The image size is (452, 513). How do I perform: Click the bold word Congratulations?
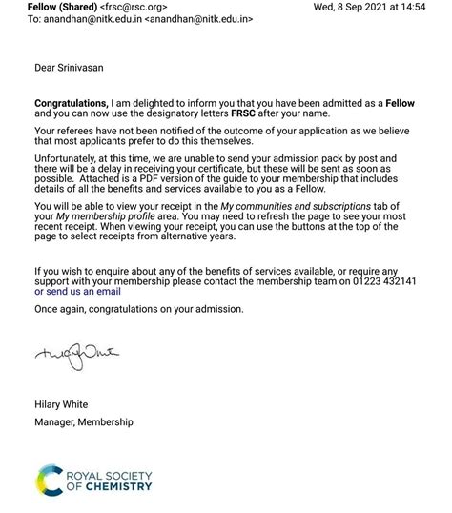pos(71,102)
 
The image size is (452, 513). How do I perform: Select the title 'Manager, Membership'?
pos(84,421)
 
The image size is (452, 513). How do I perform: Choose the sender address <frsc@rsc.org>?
pos(134,7)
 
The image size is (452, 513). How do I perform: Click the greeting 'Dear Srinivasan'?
pos(72,67)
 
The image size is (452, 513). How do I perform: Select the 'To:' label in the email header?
pos(37,19)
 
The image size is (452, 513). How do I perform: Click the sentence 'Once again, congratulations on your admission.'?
pos(139,309)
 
